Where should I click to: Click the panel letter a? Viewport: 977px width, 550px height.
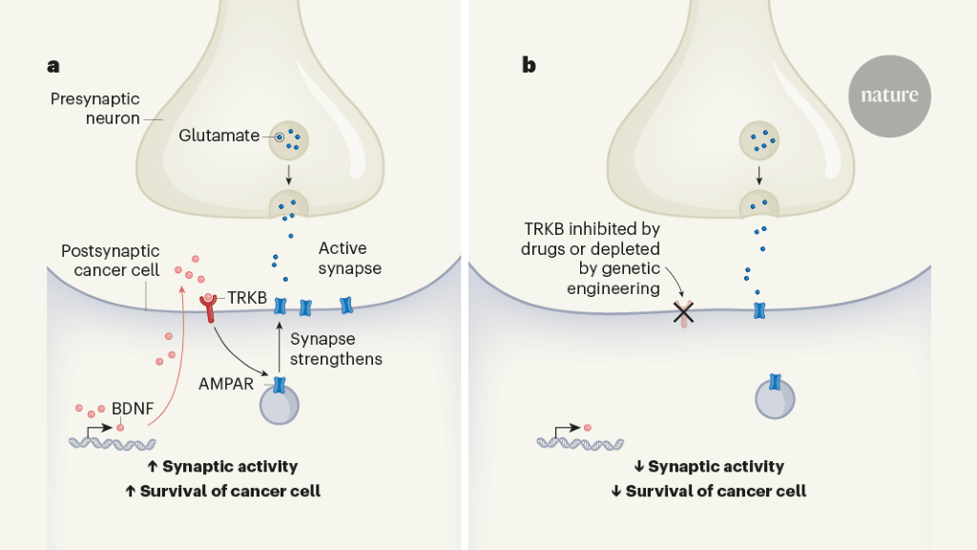(x=53, y=66)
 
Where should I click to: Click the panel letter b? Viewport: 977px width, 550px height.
(x=529, y=66)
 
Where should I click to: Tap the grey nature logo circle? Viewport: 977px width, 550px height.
(x=889, y=95)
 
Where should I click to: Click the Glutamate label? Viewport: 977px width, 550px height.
(x=218, y=136)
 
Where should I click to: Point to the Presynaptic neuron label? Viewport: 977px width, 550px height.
(x=96, y=109)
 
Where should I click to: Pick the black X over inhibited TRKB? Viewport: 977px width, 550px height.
(x=683, y=311)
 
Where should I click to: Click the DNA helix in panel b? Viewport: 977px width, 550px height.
(x=580, y=443)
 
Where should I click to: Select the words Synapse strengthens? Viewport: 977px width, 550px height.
(x=336, y=349)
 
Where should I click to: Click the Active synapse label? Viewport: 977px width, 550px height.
(x=349, y=258)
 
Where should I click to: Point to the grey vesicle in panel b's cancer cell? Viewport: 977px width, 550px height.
(x=776, y=398)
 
